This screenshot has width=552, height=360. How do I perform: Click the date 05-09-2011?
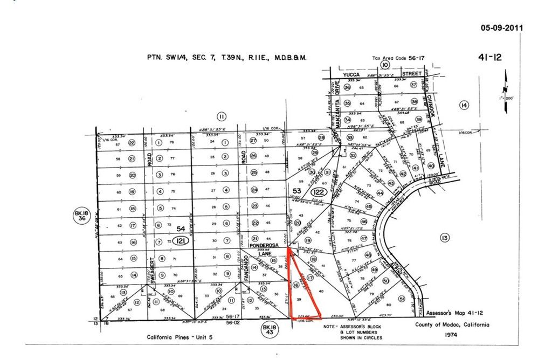501,28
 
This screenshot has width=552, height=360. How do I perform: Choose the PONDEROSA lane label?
264,245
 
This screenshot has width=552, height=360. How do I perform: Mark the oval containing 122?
319,192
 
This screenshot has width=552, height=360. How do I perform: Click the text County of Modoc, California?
452,325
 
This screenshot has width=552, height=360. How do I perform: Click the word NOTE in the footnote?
331,326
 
